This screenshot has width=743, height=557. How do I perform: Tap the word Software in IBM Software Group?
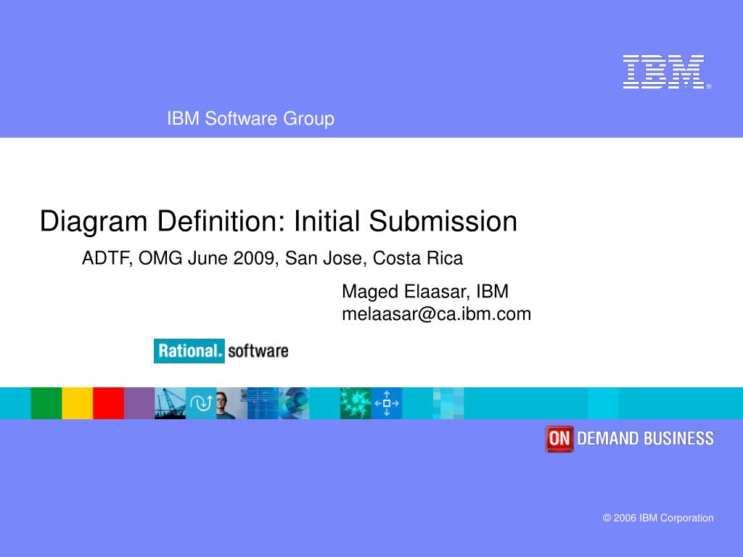click(241, 118)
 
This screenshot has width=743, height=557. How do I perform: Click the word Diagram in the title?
click(94, 222)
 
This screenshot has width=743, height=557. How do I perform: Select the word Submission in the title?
click(443, 221)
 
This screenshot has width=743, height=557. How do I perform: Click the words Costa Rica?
click(417, 258)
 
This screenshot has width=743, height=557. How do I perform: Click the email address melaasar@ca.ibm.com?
click(436, 314)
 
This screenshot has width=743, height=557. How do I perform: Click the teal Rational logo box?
click(189, 351)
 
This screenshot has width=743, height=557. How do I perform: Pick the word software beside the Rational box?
click(258, 351)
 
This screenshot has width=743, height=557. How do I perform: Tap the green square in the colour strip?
click(46, 403)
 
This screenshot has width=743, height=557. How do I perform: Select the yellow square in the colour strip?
click(77, 403)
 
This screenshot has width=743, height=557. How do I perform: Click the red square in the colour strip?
click(109, 403)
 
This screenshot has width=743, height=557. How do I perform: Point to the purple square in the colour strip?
click(139, 403)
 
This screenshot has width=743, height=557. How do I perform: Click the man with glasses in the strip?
click(225, 404)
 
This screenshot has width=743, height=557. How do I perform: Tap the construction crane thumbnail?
click(170, 403)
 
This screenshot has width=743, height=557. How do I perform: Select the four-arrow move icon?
click(387, 403)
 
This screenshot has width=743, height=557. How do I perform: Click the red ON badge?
click(559, 439)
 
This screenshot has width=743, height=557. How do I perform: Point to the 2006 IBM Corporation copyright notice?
click(658, 518)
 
